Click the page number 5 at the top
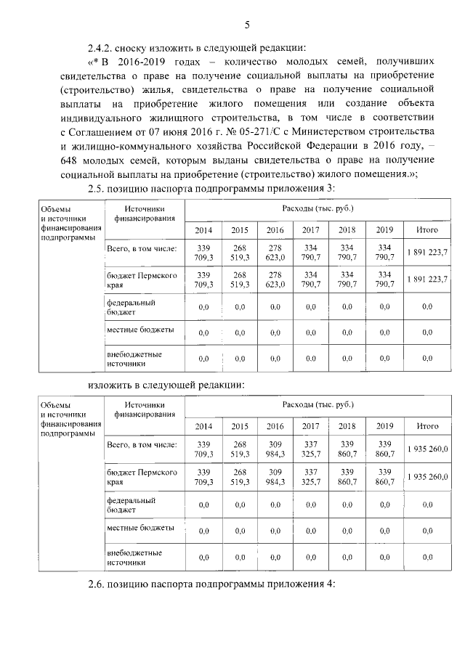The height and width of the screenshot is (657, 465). (x=246, y=27)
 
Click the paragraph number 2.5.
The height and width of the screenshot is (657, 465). (x=98, y=189)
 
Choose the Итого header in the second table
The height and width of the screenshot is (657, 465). (x=427, y=426)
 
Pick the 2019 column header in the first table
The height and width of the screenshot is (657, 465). (x=384, y=230)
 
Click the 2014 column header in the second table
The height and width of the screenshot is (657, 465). (x=203, y=426)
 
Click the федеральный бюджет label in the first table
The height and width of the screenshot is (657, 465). (x=131, y=307)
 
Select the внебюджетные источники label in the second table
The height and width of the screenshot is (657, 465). (x=134, y=557)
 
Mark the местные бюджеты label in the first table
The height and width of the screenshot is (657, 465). (x=139, y=330)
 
